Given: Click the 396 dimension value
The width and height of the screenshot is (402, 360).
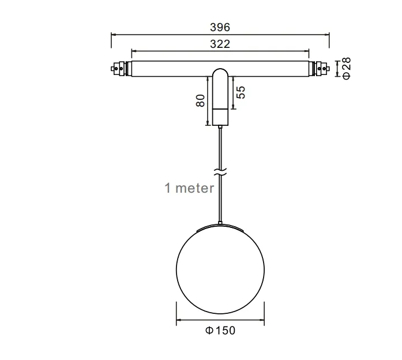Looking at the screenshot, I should tap(220, 27).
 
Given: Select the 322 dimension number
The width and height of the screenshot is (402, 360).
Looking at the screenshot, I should tap(220, 44).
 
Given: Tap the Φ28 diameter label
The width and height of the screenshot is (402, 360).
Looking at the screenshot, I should tap(346, 68).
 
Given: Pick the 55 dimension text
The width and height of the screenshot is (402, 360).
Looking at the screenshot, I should tap(241, 92).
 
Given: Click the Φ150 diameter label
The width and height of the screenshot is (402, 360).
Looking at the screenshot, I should tap(220, 331).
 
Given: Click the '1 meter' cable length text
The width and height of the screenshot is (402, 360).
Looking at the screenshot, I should tap(190, 188).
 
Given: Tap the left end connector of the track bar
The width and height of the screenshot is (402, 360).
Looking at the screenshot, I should tap(120, 69).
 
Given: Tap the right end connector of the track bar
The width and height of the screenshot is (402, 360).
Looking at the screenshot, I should tap(320, 69).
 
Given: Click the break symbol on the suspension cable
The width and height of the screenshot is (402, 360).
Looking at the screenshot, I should tap(220, 171).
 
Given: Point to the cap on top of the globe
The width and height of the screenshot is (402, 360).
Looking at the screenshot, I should tap(220, 226).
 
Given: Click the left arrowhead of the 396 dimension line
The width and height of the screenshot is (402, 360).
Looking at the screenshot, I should tap(113, 34).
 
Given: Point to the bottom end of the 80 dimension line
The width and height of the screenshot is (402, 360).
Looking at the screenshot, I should tap(207, 125).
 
